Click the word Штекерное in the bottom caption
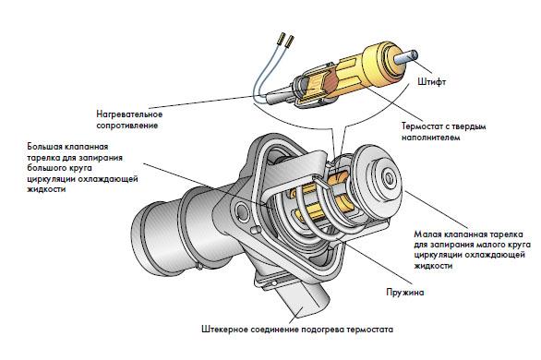(223, 328)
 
